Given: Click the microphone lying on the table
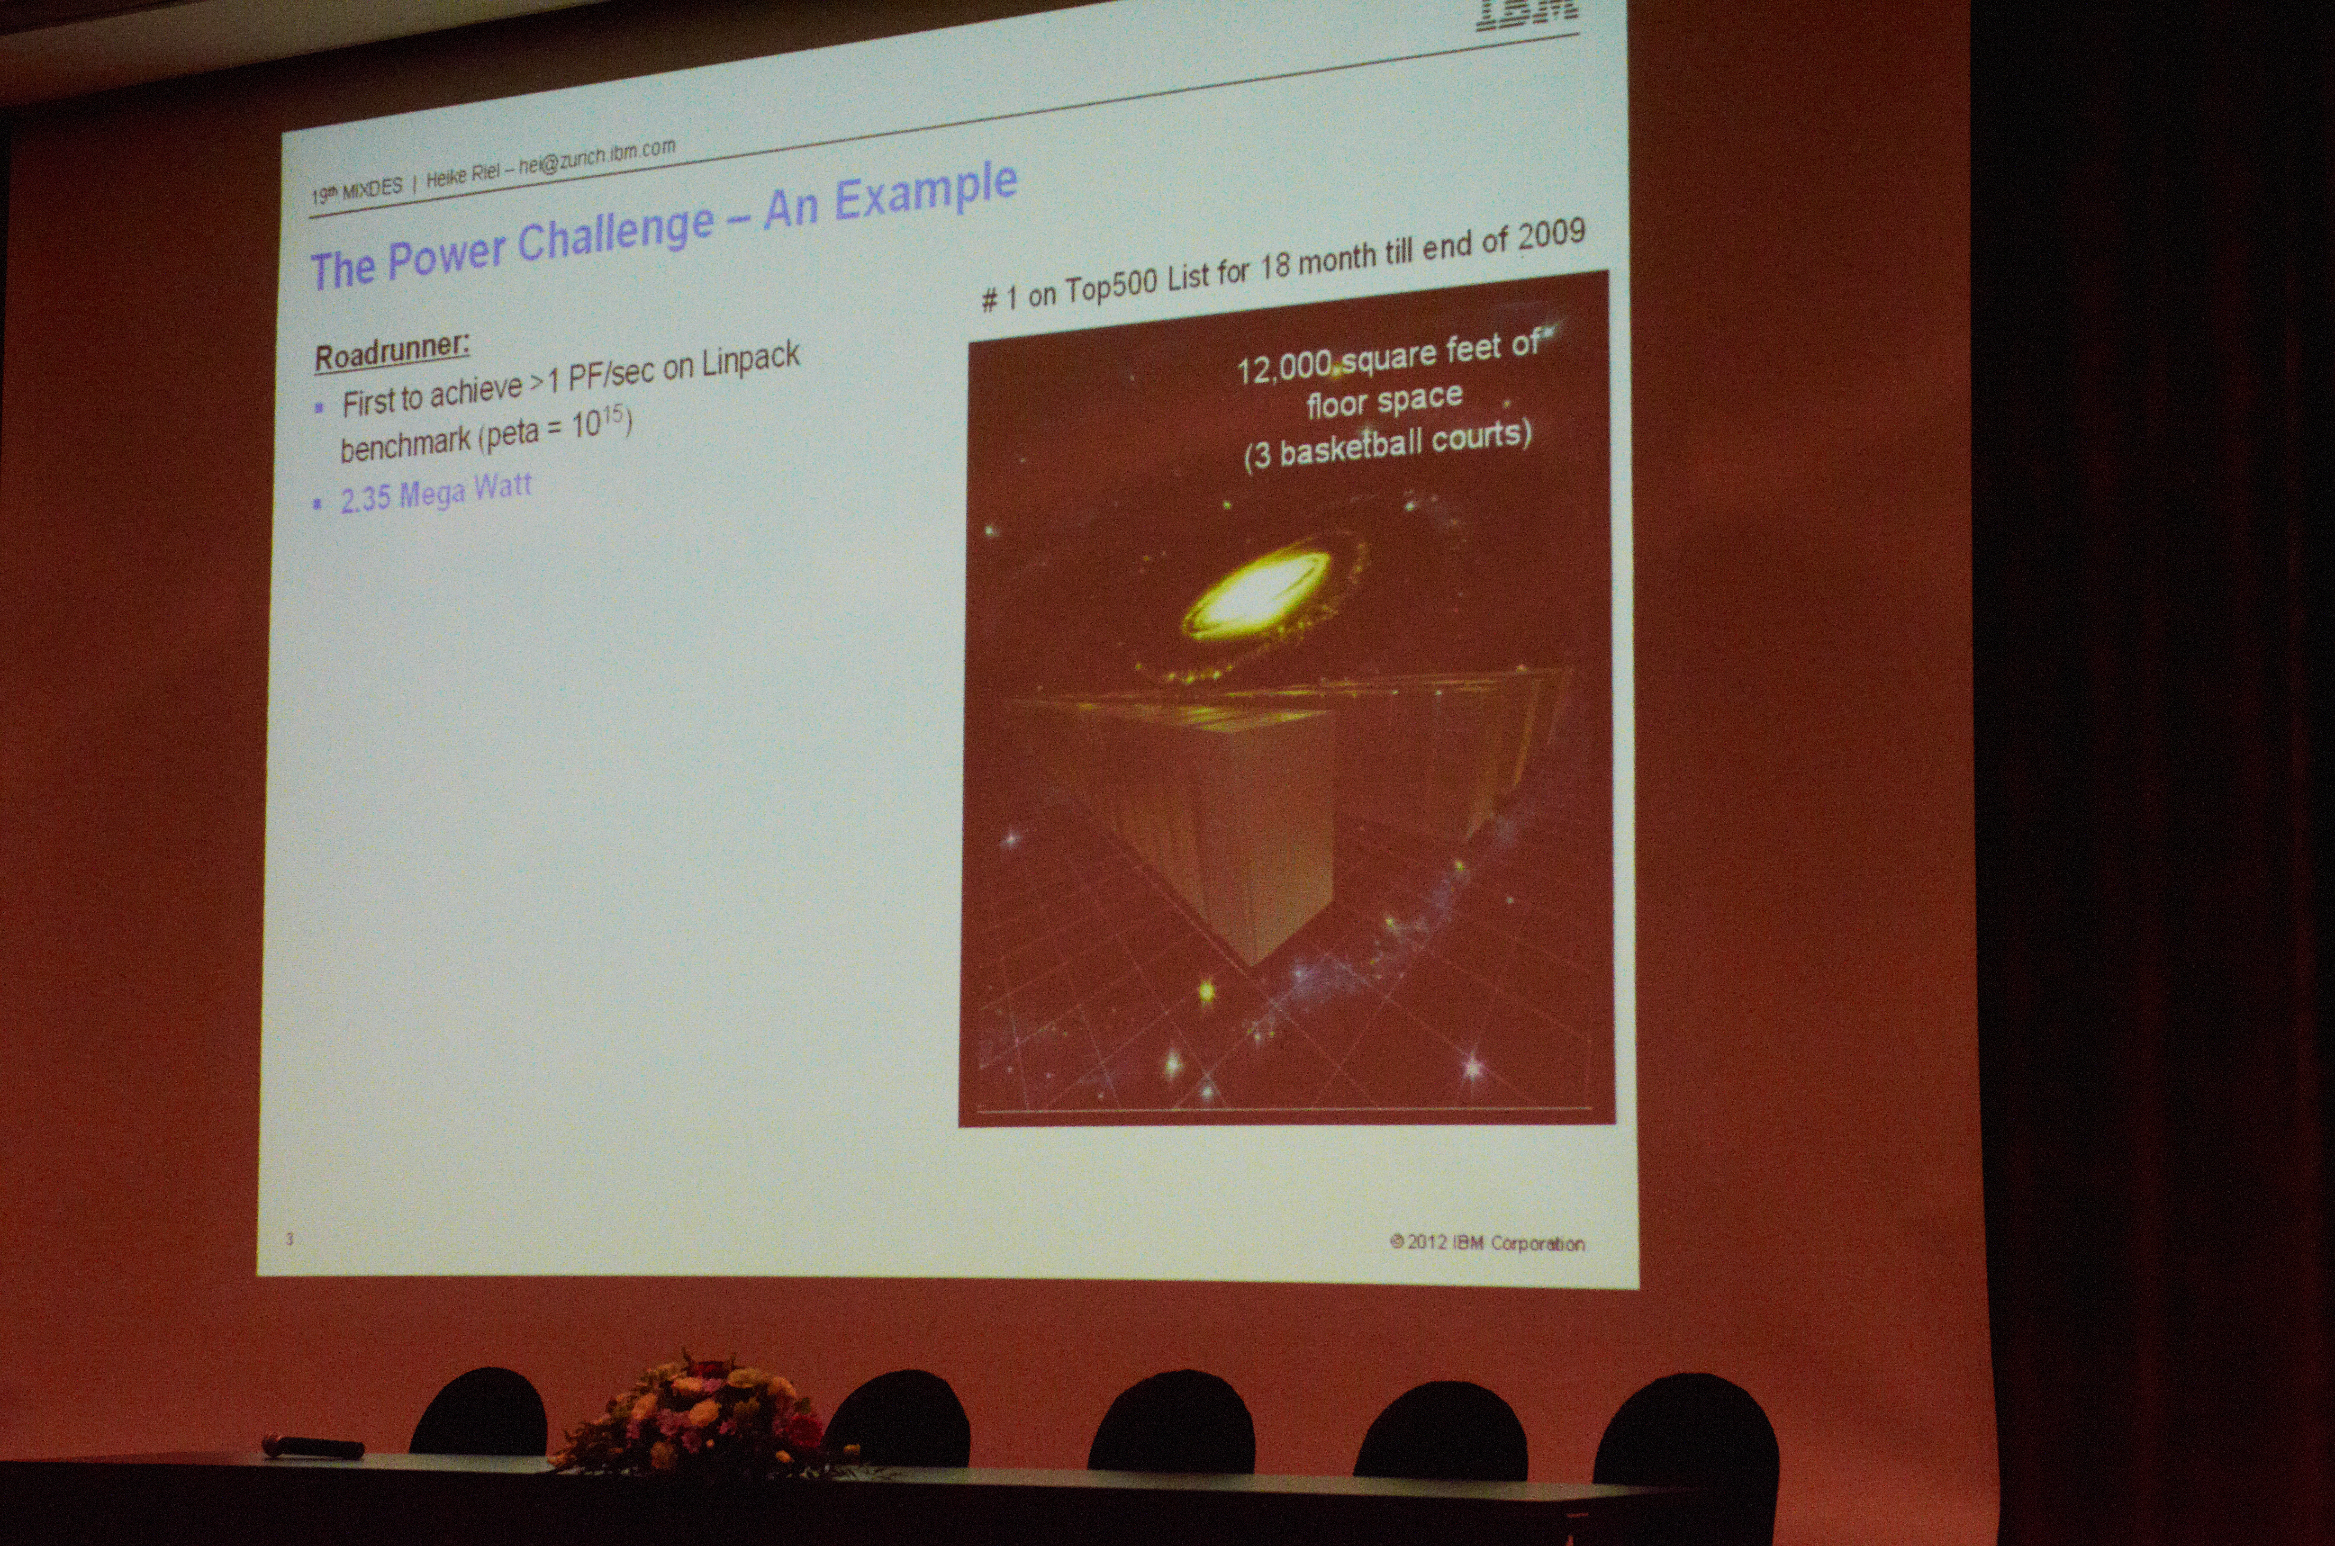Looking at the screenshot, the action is pyautogui.click(x=314, y=1447).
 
